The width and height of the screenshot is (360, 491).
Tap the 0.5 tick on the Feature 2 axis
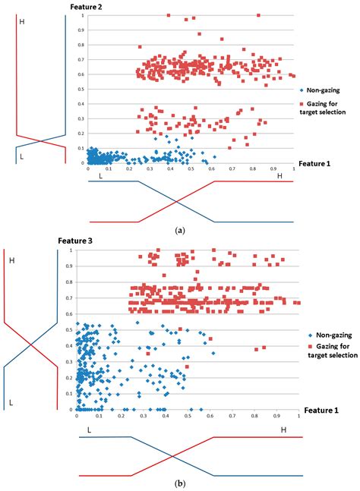tap(81, 89)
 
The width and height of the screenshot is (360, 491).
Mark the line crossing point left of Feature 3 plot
tap(31, 345)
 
